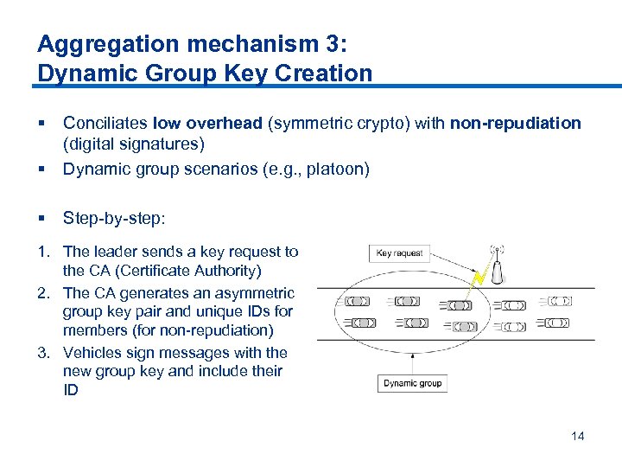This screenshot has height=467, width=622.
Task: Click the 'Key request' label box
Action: pyautogui.click(x=400, y=253)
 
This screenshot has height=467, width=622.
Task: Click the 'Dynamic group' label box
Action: pyautogui.click(x=412, y=383)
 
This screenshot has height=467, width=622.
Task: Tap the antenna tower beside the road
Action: pyautogui.click(x=498, y=267)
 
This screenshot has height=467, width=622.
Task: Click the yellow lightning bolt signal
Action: pyautogui.click(x=478, y=278)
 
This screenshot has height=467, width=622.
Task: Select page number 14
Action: pyautogui.click(x=577, y=436)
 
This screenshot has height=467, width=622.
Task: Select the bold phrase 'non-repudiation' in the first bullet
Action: pyautogui.click(x=515, y=123)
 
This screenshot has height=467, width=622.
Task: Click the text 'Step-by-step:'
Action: pyautogui.click(x=113, y=218)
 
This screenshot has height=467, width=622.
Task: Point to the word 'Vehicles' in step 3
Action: pyautogui.click(x=92, y=353)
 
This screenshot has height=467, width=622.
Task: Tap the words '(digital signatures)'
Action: pyautogui.click(x=134, y=144)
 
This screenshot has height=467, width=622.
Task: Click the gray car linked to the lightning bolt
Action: pyautogui.click(x=457, y=305)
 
